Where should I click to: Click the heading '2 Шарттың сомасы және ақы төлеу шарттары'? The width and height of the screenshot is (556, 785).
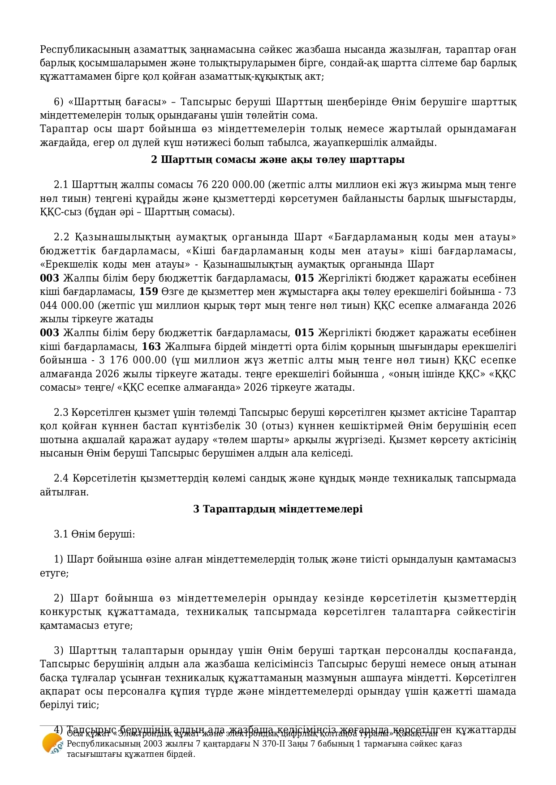coord(278,160)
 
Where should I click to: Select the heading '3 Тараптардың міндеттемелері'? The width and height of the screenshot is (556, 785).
coord(278,509)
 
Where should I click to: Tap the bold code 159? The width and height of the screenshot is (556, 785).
coord(149,292)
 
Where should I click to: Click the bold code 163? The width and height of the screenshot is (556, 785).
coord(151,347)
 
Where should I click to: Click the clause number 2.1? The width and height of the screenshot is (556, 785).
coord(61,185)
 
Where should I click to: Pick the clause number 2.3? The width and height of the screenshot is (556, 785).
coord(61,412)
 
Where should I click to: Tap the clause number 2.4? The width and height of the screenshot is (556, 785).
coord(61,478)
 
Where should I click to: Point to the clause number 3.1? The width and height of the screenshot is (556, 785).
coord(61,534)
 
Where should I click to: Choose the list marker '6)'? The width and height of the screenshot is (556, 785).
coord(59,102)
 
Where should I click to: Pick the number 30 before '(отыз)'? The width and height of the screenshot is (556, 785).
coord(253,426)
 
